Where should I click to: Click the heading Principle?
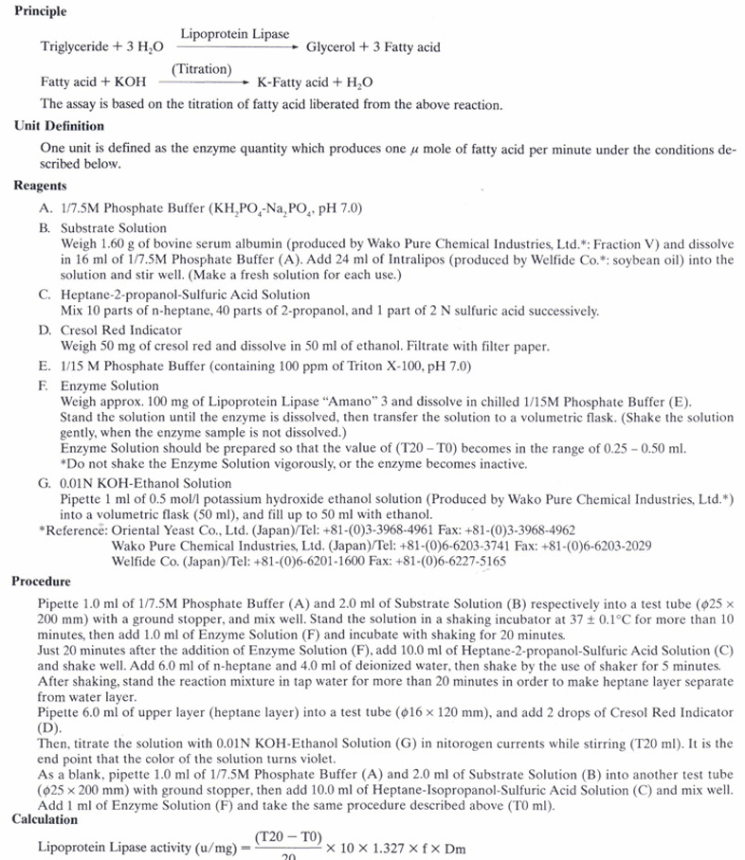pos(41,12)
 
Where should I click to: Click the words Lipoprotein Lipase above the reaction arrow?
pos(235,34)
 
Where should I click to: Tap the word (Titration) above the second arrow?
pos(202,68)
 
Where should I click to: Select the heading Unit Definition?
pos(60,126)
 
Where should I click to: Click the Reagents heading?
pos(40,187)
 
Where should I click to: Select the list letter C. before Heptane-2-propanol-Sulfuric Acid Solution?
pos(45,296)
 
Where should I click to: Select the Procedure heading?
pos(41,581)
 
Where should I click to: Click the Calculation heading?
pos(45,819)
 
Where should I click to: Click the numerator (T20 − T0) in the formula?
pos(288,837)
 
